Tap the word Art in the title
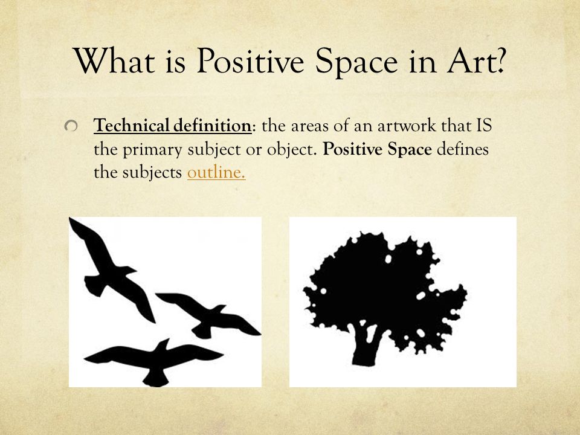click(472, 61)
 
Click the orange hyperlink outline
click(216, 173)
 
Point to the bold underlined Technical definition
click(173, 127)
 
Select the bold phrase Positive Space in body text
click(378, 150)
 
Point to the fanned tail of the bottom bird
click(156, 378)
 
